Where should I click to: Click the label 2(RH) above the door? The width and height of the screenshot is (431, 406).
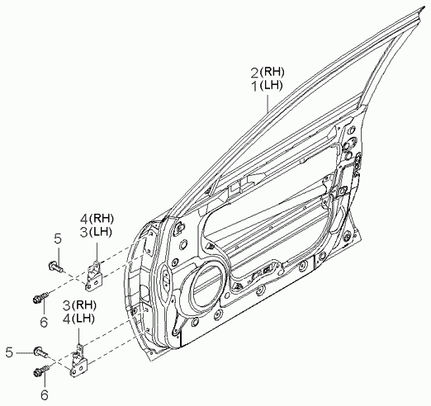(267, 73)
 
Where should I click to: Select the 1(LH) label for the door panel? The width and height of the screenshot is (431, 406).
(267, 86)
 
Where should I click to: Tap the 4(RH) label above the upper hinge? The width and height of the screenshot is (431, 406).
(97, 219)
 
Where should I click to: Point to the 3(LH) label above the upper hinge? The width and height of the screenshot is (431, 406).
(97, 232)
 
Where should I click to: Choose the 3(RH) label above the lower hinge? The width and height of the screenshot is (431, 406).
(79, 305)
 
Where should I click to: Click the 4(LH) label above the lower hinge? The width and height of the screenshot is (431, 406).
(79, 319)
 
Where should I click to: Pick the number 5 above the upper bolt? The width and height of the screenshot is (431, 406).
(58, 239)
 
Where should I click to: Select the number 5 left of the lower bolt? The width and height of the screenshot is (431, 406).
(10, 352)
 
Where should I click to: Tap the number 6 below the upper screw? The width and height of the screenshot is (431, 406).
(44, 322)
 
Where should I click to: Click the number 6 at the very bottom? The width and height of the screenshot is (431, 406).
(45, 395)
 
